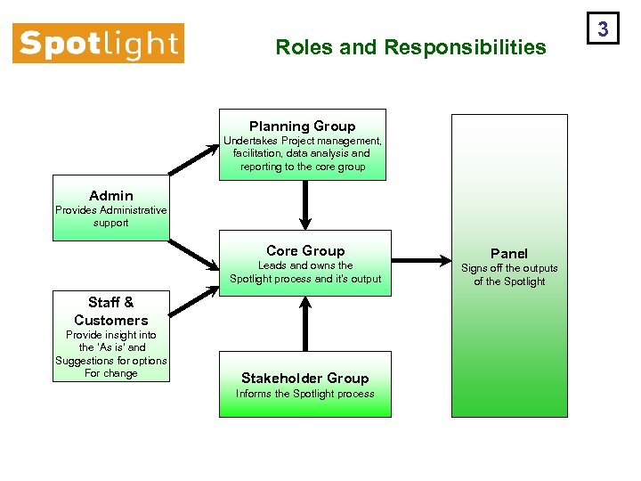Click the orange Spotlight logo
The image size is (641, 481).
click(98, 44)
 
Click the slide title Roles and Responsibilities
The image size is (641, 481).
click(410, 47)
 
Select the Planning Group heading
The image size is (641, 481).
click(302, 126)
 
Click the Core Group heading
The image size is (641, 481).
click(304, 251)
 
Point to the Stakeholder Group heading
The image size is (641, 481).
click(304, 379)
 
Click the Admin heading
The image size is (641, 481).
click(111, 196)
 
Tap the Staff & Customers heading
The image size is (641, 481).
click(111, 311)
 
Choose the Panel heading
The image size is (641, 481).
click(509, 254)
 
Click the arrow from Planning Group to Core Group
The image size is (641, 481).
click(304, 205)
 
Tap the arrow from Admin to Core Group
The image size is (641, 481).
click(193, 253)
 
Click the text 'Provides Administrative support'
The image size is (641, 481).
click(111, 216)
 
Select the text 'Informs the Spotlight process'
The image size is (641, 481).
click(304, 394)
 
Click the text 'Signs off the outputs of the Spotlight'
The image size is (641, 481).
click(509, 274)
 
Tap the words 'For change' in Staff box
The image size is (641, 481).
click(111, 373)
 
